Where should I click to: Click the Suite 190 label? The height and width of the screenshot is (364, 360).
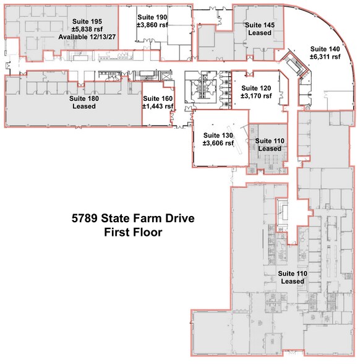153,18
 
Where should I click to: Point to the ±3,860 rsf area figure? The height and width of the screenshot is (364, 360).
153,27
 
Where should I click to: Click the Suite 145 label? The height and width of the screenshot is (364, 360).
260,25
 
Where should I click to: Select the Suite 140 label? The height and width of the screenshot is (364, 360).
325,48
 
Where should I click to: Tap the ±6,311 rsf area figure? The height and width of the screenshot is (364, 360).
325,57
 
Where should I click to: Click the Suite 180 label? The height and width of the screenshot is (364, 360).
84,98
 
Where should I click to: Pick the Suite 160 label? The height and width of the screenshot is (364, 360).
158,98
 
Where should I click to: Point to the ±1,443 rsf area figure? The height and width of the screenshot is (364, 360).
158,106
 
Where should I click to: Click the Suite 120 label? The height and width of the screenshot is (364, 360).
257,88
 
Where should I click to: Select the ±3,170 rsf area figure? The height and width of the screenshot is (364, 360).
257,97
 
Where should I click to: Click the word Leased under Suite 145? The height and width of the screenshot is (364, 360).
260,33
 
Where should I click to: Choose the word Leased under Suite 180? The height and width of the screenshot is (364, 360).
84,106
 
